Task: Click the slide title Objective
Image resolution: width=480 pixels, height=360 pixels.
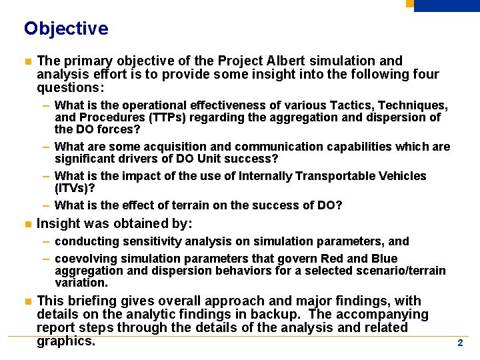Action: click(x=65, y=29)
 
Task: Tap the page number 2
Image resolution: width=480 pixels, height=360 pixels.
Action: click(x=459, y=343)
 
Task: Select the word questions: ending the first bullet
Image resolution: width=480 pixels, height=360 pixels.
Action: click(x=71, y=87)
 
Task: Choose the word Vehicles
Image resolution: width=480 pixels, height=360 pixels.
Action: click(x=403, y=176)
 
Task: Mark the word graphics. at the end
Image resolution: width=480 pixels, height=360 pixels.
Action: click(x=66, y=341)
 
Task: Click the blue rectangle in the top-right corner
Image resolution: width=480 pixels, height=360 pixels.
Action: click(x=447, y=5)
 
